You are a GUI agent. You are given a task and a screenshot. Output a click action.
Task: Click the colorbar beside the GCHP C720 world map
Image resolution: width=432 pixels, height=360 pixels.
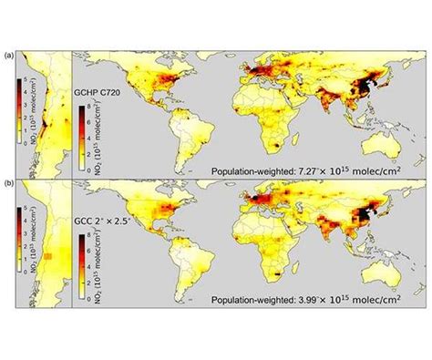[79, 122]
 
